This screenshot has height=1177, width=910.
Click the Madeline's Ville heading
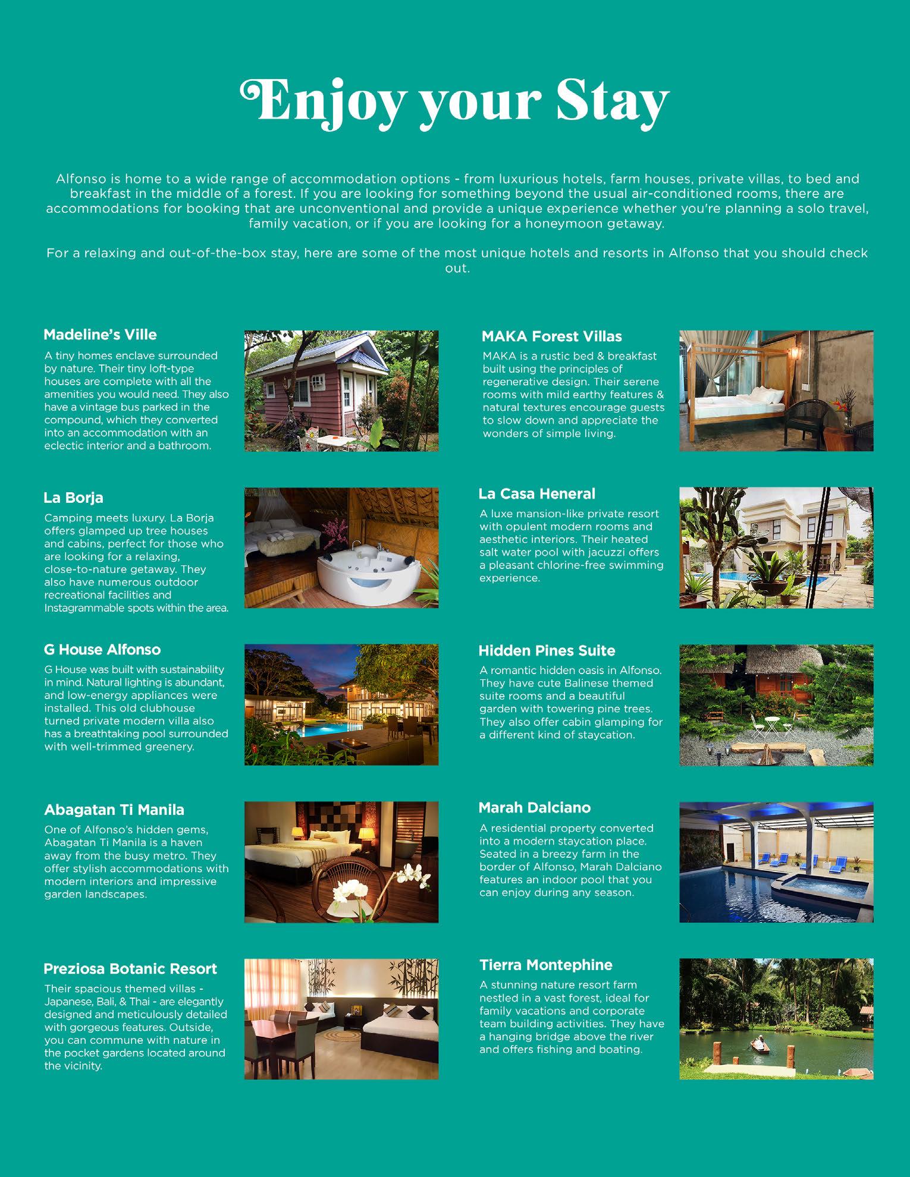tap(100, 335)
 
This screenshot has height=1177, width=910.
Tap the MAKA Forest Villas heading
tap(551, 336)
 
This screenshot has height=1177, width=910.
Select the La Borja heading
tap(73, 498)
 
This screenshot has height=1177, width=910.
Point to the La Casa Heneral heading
tap(536, 494)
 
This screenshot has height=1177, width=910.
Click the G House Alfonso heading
tap(102, 650)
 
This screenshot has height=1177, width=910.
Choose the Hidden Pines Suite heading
tap(547, 651)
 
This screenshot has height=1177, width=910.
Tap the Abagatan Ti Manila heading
tap(114, 810)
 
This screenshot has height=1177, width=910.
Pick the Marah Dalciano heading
tap(534, 808)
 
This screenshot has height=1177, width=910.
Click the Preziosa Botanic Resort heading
tap(130, 969)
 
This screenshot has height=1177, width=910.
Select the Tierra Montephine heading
tap(545, 965)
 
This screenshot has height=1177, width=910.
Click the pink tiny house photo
tap(341, 391)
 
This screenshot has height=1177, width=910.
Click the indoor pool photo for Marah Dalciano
tap(776, 862)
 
